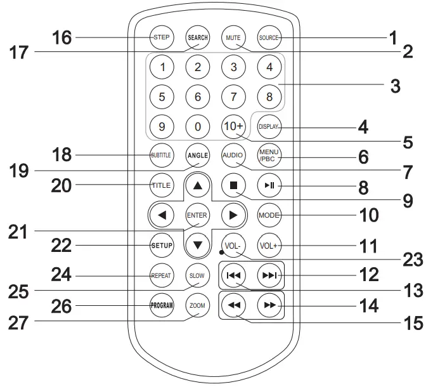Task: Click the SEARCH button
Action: pyautogui.click(x=197, y=37)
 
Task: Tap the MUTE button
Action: pyautogui.click(x=233, y=37)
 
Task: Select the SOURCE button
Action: pyautogui.click(x=269, y=37)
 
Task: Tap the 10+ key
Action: pyautogui.click(x=233, y=126)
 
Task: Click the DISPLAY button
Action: pyautogui.click(x=269, y=126)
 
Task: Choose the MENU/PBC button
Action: pyautogui.click(x=269, y=155)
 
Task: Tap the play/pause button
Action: pyautogui.click(x=269, y=186)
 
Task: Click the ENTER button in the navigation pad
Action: pyautogui.click(x=197, y=215)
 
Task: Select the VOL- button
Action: pyautogui.click(x=233, y=244)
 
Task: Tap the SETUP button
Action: pyautogui.click(x=161, y=244)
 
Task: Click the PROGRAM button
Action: pyautogui.click(x=161, y=305)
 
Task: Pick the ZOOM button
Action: pyautogui.click(x=197, y=305)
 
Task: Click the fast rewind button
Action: pyautogui.click(x=233, y=305)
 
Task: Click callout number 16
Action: pyautogui.click(x=62, y=38)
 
